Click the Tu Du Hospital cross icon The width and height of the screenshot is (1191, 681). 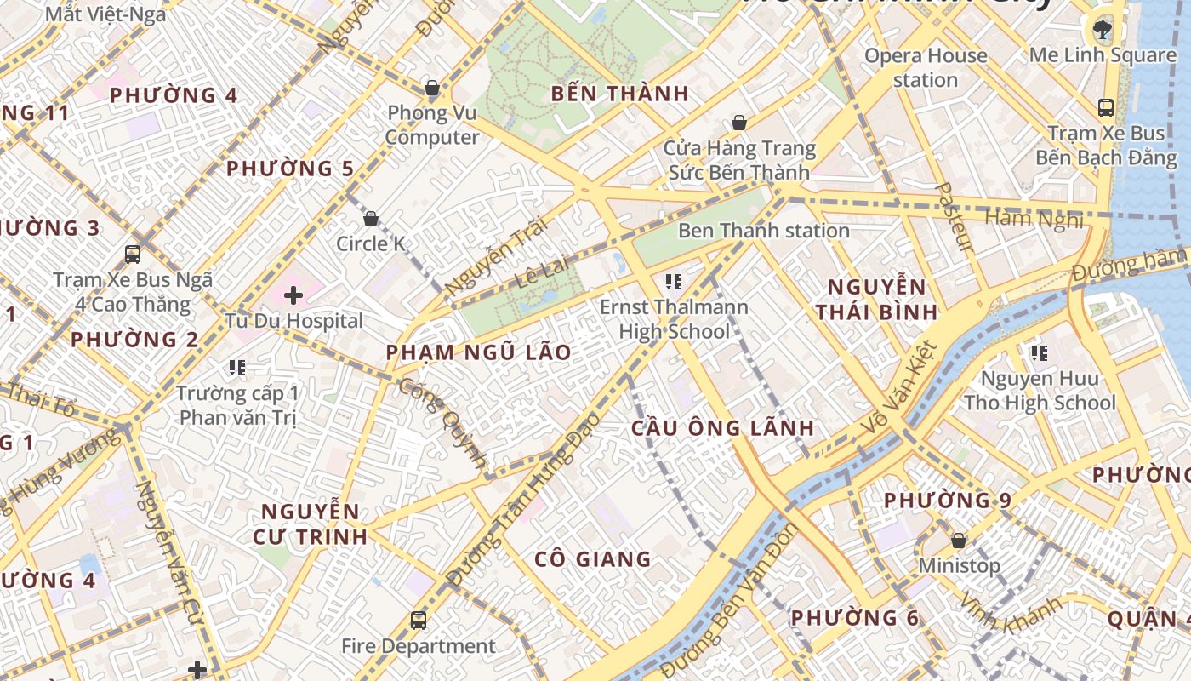point(293,295)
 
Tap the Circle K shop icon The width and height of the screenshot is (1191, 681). point(371,220)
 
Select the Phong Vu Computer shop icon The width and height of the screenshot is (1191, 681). point(432,88)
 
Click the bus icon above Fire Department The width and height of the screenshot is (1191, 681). point(418,621)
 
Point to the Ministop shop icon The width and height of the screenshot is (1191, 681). point(959,541)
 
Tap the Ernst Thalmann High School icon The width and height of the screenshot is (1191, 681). point(674,282)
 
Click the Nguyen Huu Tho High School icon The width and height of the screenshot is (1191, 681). point(1039,352)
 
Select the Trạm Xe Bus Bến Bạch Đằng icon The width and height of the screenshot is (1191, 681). point(1106,108)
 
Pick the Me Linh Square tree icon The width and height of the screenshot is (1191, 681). point(1103,30)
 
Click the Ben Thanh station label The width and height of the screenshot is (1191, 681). point(763,231)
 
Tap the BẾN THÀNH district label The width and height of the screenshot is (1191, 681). point(619,94)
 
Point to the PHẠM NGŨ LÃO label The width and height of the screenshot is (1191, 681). point(478,352)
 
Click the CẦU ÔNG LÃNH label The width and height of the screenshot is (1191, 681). point(722,428)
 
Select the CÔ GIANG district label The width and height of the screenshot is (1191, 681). point(593,559)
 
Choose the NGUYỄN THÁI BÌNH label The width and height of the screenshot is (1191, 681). point(876,299)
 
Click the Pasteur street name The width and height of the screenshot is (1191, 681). point(953,217)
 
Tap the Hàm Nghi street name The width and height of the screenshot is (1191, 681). point(1033,219)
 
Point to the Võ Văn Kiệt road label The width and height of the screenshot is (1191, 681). point(898,390)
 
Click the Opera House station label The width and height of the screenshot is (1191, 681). point(926,68)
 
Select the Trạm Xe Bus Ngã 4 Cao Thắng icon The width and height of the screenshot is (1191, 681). point(133,254)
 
